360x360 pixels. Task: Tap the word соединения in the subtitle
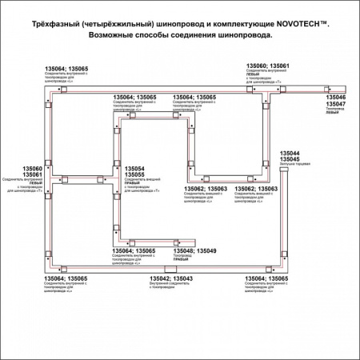coord(198,36)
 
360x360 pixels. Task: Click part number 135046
coord(336,98)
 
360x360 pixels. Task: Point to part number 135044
coord(290,152)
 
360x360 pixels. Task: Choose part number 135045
coord(290,158)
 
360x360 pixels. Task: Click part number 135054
coord(134,168)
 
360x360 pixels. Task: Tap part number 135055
coord(134,174)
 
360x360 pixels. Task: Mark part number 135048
coord(185,251)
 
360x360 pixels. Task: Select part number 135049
coord(206,251)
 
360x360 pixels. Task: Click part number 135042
coord(160,278)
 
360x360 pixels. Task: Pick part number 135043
coord(182,278)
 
